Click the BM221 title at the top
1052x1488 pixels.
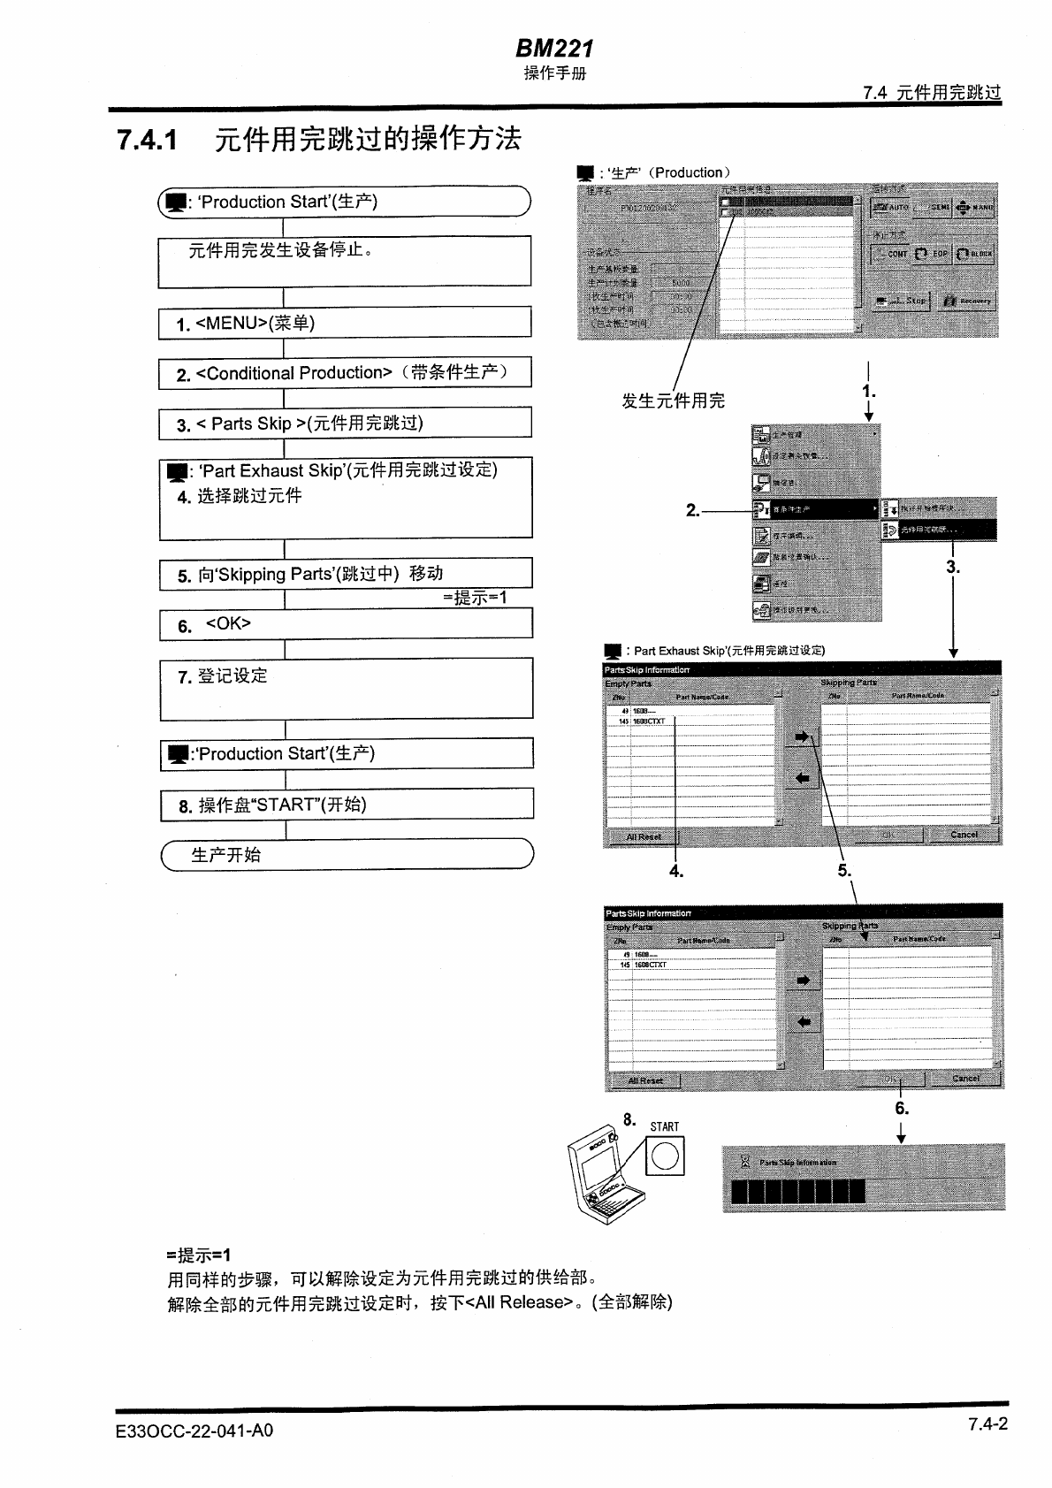[x=554, y=49]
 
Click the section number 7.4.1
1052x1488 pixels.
[x=148, y=140]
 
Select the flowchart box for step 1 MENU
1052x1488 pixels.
[x=345, y=323]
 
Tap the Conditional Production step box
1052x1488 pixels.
[x=345, y=373]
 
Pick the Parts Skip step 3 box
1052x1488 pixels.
[x=345, y=424]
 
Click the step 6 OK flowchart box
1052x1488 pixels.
[x=346, y=624]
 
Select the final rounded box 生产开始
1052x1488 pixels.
[x=347, y=855]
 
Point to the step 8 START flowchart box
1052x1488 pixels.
[x=347, y=805]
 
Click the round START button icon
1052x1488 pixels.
[x=665, y=1156]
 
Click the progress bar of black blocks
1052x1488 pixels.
[x=797, y=1191]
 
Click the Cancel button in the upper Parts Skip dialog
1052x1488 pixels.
[x=964, y=835]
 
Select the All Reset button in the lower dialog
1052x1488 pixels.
[x=645, y=1080]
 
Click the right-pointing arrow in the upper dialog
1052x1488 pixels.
[x=802, y=736]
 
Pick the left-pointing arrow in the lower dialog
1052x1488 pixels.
[x=804, y=1022]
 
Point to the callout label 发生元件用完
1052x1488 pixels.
[x=673, y=401]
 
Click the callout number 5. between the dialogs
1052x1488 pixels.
[x=844, y=871]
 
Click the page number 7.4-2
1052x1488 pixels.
[x=987, y=1423]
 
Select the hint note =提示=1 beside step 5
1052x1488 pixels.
[x=475, y=598]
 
